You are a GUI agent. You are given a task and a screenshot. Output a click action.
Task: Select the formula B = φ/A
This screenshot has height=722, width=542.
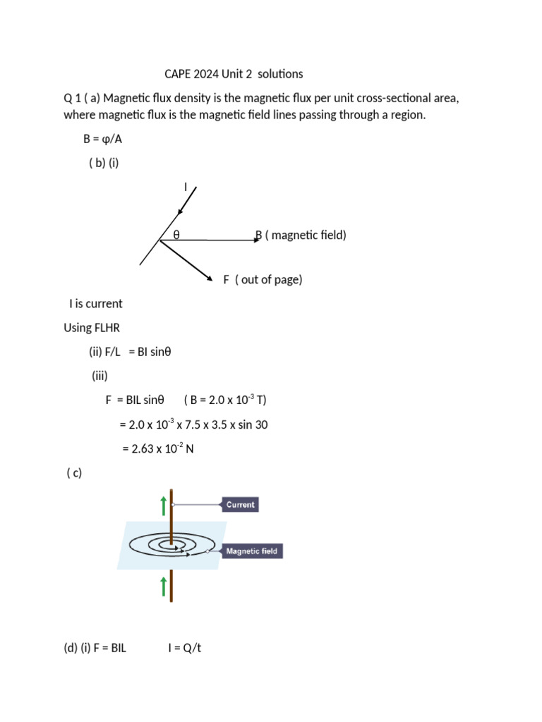click(102, 139)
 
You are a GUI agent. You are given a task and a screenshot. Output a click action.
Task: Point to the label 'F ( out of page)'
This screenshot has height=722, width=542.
click(263, 280)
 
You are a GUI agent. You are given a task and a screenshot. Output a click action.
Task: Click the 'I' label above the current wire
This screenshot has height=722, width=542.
click(186, 187)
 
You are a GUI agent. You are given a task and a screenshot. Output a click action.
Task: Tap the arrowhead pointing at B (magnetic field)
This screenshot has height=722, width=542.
click(258, 240)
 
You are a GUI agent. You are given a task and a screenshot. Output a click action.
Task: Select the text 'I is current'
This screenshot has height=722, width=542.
click(95, 304)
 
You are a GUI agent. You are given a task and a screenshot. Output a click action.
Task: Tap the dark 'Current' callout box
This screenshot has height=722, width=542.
click(241, 505)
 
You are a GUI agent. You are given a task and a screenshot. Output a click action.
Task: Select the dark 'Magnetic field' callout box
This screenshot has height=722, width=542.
click(252, 551)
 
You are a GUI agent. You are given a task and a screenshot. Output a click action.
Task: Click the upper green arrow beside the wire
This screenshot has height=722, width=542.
click(164, 505)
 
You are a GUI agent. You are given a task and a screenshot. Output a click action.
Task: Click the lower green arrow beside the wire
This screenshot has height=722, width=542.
click(164, 586)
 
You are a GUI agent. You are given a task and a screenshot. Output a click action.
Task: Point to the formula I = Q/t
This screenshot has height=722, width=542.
click(185, 648)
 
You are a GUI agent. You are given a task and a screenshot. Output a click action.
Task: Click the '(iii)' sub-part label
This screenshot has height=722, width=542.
click(100, 376)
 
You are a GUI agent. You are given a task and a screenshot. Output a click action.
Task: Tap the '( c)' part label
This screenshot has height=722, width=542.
click(74, 473)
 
